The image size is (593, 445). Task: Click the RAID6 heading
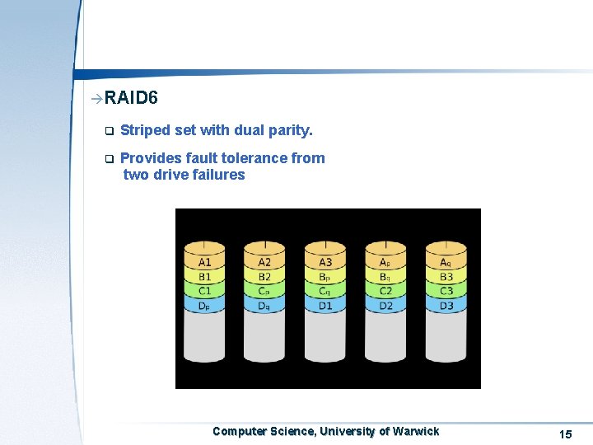(131, 99)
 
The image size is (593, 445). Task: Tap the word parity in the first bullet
(289, 130)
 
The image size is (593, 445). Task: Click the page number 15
(565, 434)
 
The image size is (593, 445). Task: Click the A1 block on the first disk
(205, 262)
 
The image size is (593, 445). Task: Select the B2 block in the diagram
(264, 277)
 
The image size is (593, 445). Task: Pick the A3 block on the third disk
(325, 262)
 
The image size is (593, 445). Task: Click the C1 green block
(205, 291)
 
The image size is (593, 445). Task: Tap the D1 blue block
(325, 306)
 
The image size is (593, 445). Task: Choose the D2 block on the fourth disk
(385, 306)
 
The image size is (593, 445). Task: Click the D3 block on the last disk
(446, 306)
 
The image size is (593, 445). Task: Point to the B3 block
(446, 277)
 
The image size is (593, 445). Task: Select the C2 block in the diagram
(385, 291)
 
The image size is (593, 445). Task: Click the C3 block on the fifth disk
(446, 291)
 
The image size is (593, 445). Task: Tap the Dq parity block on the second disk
(264, 306)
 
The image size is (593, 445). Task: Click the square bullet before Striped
(107, 131)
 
